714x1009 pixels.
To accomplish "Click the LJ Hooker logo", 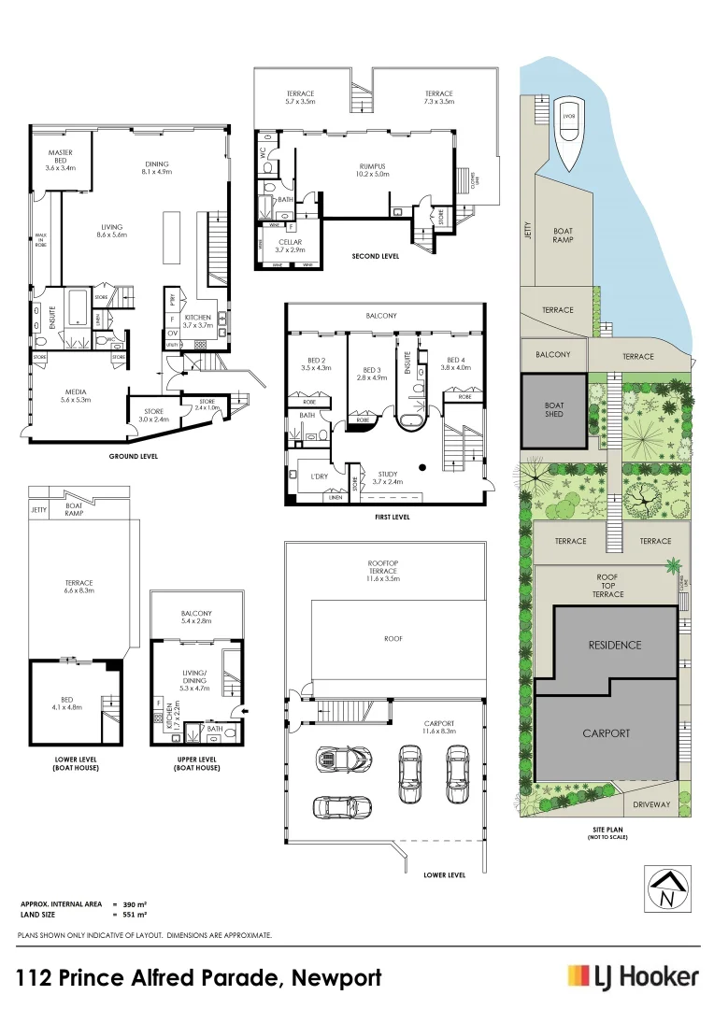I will coord(633,976).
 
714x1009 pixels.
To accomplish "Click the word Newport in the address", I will coord(336,978).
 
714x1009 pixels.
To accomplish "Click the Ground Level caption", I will coord(132,456).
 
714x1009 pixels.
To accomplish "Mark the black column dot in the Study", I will coord(423,467).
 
